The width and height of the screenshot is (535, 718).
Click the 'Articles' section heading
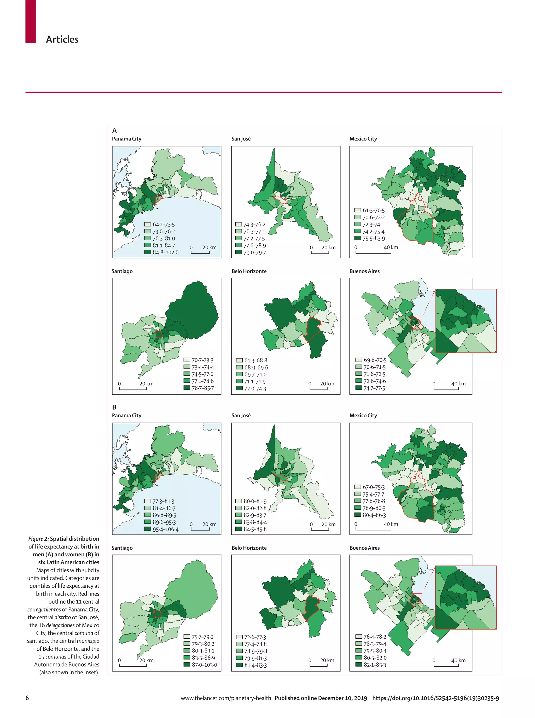point(62,39)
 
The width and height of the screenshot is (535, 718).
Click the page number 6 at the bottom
point(27,698)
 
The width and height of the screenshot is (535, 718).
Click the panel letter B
point(114,407)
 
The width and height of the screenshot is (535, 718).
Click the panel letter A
point(114,131)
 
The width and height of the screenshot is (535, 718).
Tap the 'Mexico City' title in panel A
point(363,139)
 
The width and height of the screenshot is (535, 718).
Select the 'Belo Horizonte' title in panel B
point(249,548)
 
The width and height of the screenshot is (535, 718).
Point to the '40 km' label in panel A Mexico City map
point(391,247)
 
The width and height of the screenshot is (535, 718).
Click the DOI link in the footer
point(435,698)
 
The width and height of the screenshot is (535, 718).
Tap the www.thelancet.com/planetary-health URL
point(226,698)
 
